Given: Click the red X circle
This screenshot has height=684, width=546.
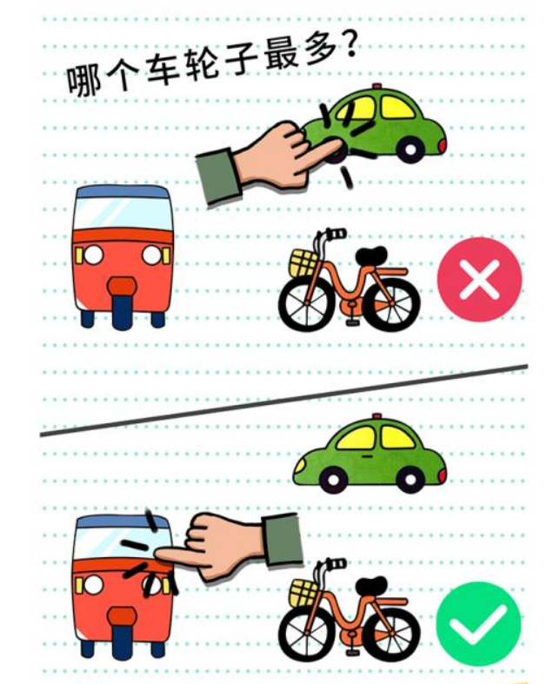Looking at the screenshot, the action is click(x=479, y=279).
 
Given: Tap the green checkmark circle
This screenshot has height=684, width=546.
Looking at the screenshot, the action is click(x=478, y=624).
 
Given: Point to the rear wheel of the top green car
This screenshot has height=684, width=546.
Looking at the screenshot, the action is click(x=410, y=149).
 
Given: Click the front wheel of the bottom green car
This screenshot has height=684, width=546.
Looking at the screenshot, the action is click(x=334, y=480).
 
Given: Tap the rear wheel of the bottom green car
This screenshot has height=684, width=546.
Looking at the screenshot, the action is click(x=409, y=480).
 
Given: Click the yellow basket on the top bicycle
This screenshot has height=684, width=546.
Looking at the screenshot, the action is click(x=303, y=262).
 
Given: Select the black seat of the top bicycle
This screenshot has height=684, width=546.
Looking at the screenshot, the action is click(x=371, y=256).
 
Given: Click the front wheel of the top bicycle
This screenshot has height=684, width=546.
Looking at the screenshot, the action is click(x=306, y=302).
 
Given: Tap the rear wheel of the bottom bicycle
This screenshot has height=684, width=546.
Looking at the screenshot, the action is click(x=391, y=634).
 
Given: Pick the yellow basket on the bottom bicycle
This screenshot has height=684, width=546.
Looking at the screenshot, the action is click(x=303, y=593).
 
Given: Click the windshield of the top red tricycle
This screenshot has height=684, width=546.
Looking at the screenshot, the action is click(x=123, y=214).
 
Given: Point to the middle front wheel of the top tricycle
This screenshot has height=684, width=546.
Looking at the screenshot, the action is click(x=122, y=311).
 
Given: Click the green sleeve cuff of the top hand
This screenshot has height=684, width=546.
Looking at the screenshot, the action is click(x=218, y=176).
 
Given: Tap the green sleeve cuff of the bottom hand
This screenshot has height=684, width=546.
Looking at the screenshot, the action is click(x=283, y=540).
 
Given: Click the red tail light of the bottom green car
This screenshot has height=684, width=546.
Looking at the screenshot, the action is click(x=443, y=475).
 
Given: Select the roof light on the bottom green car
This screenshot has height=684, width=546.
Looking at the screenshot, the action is click(x=376, y=416).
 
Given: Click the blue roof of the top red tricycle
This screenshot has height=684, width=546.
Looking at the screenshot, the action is click(x=123, y=191).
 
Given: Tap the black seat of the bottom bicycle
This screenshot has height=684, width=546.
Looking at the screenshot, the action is click(x=371, y=586).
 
